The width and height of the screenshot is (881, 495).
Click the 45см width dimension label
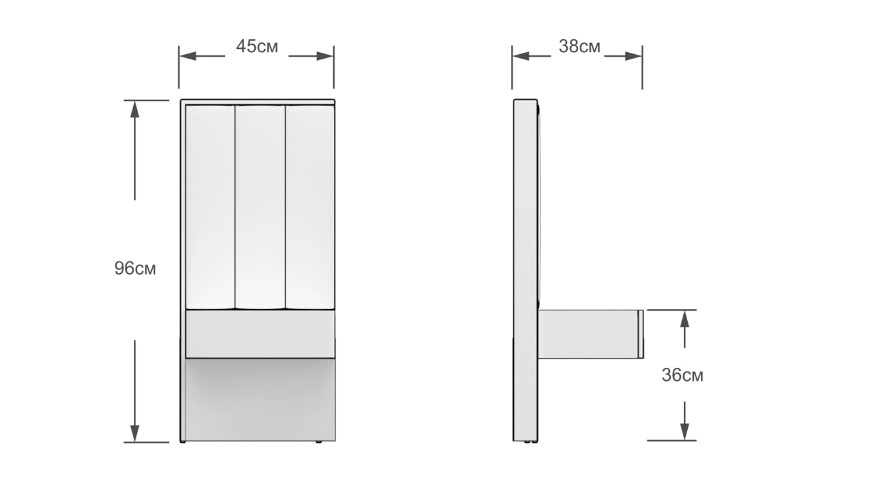point(257,47)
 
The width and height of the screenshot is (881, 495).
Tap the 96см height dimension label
point(135,269)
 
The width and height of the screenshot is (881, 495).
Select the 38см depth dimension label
point(580,47)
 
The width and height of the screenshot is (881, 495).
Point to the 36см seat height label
point(683,376)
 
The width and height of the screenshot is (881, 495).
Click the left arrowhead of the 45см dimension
point(187,56)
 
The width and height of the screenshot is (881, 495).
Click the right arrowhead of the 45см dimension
point(325,56)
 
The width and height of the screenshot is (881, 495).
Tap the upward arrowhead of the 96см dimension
point(135,110)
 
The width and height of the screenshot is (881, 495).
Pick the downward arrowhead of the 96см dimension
point(135,434)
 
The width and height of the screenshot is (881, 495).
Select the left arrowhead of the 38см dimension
point(521,56)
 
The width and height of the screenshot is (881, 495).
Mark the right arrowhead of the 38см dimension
point(634,56)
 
